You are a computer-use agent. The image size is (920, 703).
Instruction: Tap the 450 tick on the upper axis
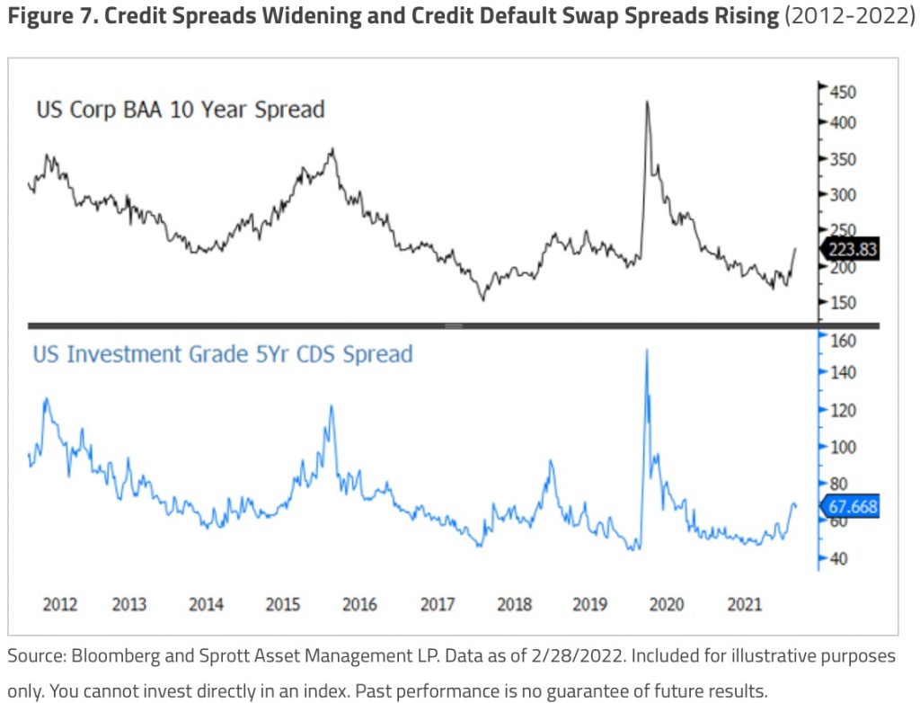(x=843, y=92)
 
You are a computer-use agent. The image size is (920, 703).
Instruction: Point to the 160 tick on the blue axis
(x=843, y=341)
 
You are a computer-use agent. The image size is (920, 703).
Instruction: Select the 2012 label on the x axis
(x=60, y=604)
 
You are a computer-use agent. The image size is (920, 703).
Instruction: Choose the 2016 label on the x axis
(x=359, y=604)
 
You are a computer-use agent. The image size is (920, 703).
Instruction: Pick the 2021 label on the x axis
(x=744, y=604)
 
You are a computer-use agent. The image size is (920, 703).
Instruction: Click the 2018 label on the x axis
(x=513, y=604)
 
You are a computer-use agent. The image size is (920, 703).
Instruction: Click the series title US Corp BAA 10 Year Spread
(x=180, y=110)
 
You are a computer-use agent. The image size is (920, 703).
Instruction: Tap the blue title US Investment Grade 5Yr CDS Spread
(x=223, y=354)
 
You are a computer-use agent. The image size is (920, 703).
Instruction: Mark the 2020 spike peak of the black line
(x=647, y=102)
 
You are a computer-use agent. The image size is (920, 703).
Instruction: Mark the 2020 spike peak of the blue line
(x=647, y=350)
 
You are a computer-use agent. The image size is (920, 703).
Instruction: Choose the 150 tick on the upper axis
(x=843, y=302)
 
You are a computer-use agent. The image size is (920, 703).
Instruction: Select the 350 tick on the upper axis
(x=843, y=159)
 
